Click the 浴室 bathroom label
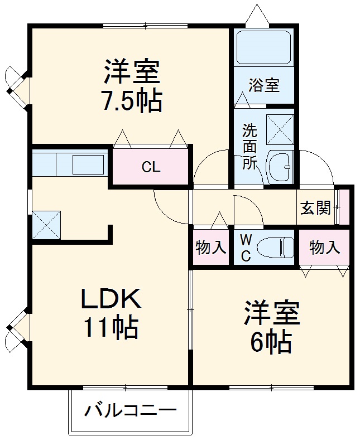(264, 86)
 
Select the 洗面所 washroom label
(249, 147)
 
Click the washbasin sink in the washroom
(279, 166)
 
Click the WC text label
(246, 248)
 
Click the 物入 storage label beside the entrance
(324, 247)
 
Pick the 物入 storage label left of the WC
(211, 247)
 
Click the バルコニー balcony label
(131, 411)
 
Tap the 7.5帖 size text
(132, 101)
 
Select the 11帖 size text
(111, 327)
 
